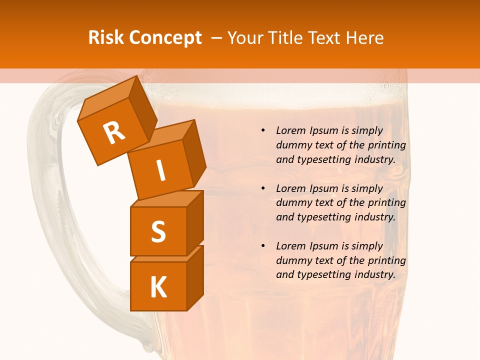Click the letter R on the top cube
tap(114, 132)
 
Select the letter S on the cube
tap(158, 231)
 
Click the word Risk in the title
tap(106, 38)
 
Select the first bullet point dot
tap(263, 130)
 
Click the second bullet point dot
tap(263, 188)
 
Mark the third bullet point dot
tap(263, 246)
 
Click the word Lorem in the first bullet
tap(290, 130)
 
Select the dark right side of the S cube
tap(195, 224)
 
